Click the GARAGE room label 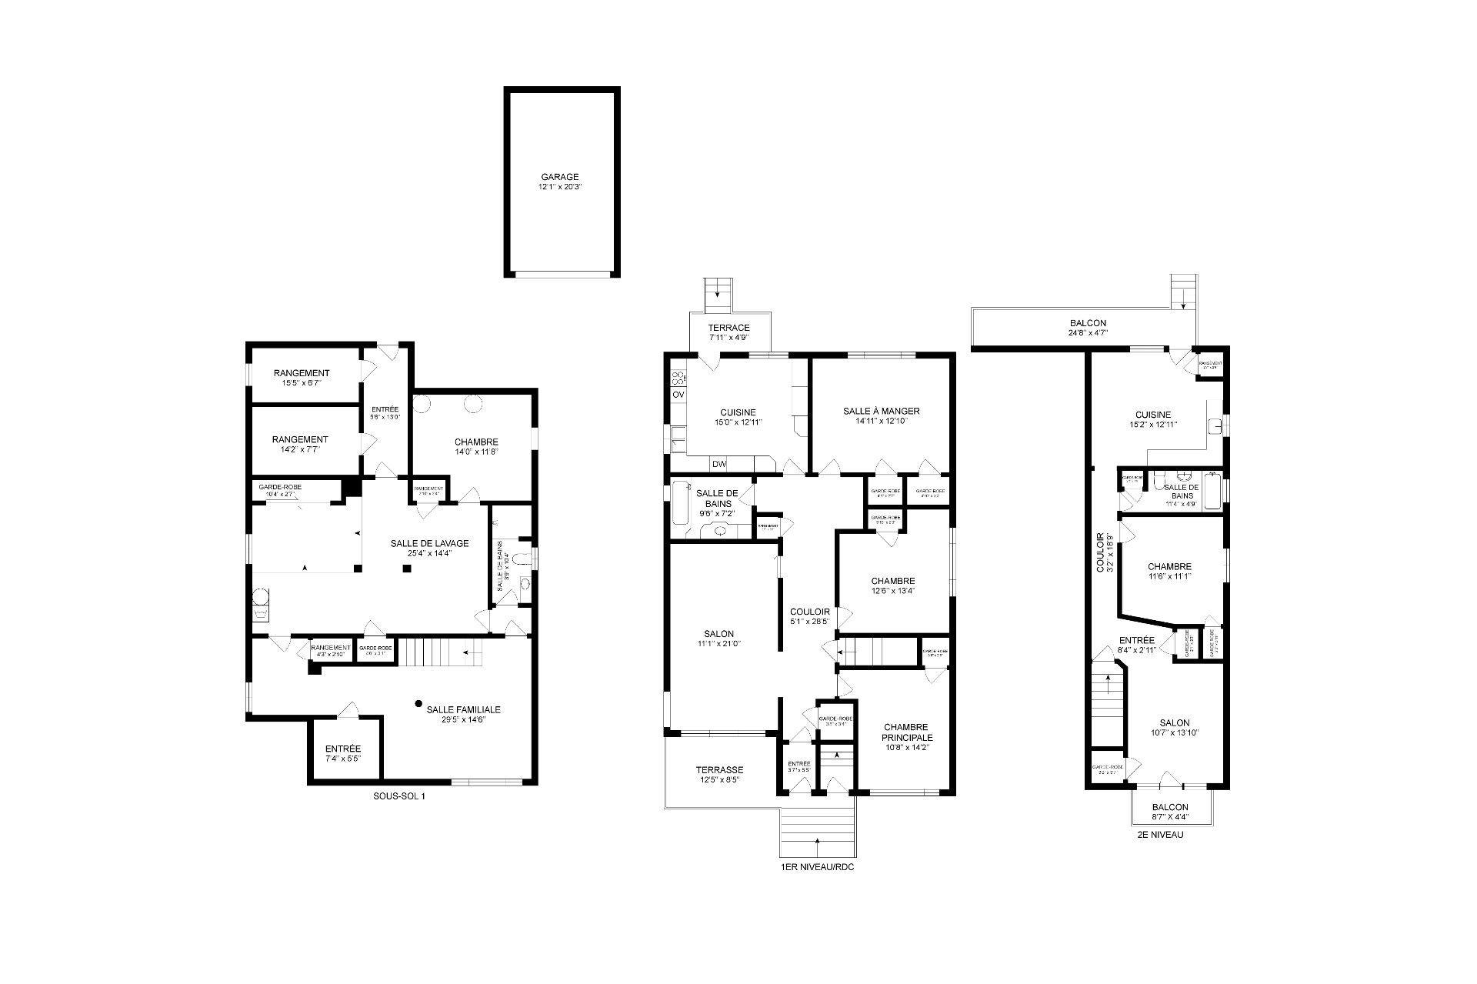tap(559, 177)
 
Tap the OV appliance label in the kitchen tap(678, 395)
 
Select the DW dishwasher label tap(718, 464)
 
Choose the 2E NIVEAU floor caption tap(1159, 835)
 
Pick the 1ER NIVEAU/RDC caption tap(816, 867)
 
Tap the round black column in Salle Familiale tap(418, 702)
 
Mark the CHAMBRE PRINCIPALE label tap(906, 732)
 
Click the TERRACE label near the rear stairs tap(728, 327)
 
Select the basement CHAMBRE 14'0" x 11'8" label tap(475, 442)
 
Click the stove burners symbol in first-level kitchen tap(678, 377)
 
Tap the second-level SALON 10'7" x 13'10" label tap(1174, 722)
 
